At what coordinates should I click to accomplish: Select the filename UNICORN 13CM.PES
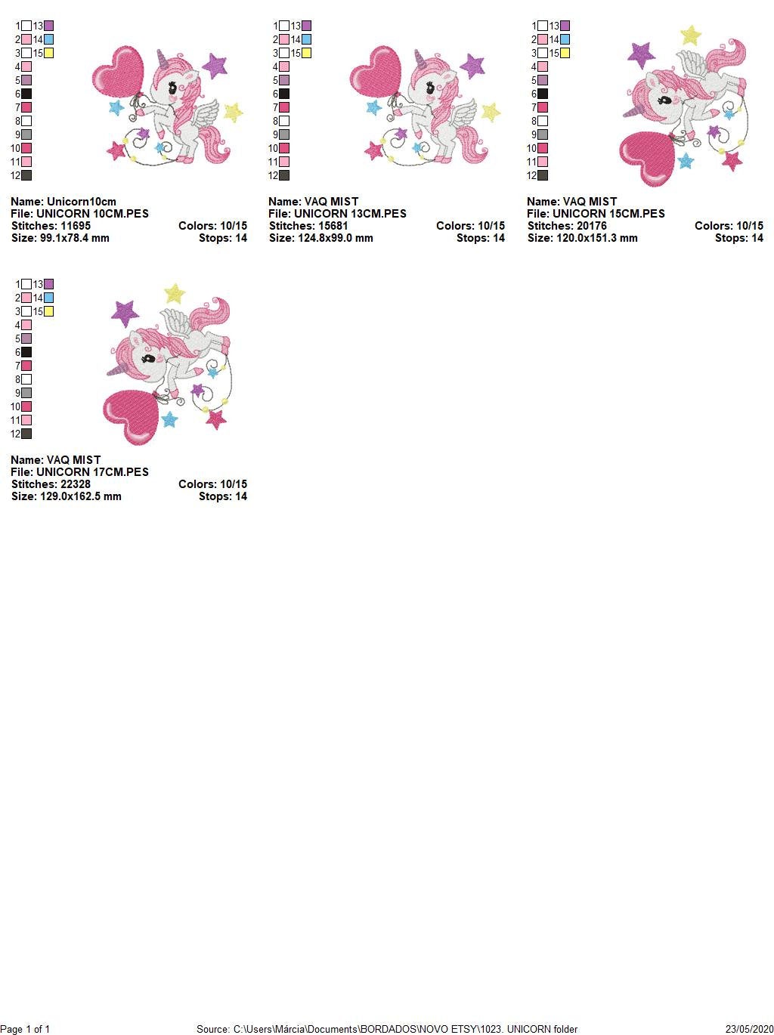point(350,214)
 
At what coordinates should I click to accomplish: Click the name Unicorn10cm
point(82,202)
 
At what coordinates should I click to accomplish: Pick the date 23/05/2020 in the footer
point(749,1029)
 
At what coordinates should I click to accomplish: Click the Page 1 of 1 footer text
point(26,1029)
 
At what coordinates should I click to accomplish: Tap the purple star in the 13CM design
point(472,66)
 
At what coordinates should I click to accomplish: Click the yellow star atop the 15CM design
point(690,36)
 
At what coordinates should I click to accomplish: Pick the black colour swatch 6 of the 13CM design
point(284,94)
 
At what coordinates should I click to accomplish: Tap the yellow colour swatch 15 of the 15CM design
point(565,54)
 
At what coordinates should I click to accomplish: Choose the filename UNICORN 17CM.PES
point(92,472)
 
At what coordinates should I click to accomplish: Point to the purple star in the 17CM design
point(125,311)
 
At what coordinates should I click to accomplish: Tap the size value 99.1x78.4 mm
point(74,238)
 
